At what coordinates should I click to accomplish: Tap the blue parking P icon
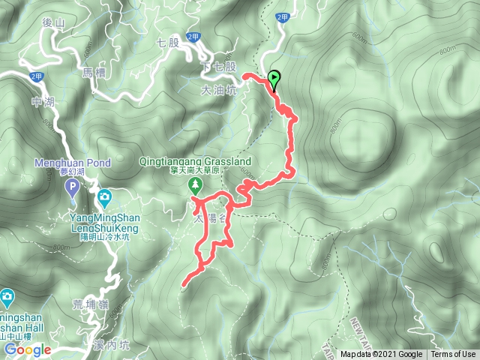coord(72,187)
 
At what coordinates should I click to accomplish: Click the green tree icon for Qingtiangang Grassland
coord(195,184)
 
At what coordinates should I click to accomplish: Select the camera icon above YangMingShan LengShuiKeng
coord(105,197)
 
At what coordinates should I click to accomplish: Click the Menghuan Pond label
coord(73,163)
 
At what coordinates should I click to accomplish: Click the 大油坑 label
coord(218,89)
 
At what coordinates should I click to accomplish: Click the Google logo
coord(26,349)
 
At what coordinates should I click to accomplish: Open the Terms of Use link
coord(453,355)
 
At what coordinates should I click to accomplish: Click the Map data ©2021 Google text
coord(382,355)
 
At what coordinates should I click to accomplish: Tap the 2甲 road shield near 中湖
coord(36,76)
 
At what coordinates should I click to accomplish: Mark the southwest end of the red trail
coord(184,283)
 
